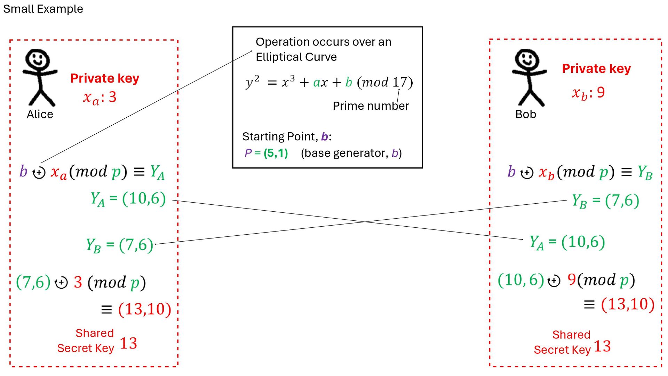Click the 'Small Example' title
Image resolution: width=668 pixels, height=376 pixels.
(43, 9)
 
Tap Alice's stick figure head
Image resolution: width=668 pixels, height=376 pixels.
(38, 59)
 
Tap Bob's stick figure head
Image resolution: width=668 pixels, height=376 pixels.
(527, 59)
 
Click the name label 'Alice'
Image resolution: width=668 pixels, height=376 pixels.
(40, 114)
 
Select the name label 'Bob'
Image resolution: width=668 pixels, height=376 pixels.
(525, 114)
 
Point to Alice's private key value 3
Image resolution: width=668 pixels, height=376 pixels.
(112, 97)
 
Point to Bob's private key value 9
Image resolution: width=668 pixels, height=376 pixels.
(601, 92)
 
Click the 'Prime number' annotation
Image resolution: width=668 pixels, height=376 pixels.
(371, 106)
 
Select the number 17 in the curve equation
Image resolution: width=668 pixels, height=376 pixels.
(399, 82)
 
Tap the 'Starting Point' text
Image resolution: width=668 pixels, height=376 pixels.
(278, 136)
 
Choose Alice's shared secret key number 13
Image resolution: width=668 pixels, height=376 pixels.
(128, 343)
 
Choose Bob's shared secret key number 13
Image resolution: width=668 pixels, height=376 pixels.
(602, 346)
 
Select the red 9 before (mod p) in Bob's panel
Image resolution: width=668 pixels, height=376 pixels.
(572, 279)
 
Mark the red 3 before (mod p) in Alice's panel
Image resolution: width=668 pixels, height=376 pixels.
(78, 282)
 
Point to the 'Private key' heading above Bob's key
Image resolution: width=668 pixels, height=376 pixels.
(596, 69)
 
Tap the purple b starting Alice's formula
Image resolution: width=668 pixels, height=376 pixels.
(23, 171)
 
